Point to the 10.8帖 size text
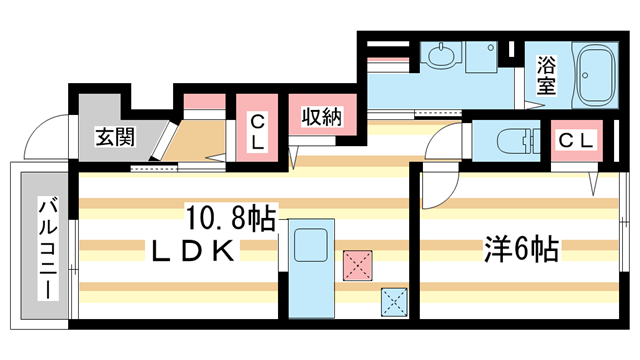(x=230, y=215)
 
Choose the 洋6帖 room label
(x=521, y=247)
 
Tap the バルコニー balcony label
(x=46, y=246)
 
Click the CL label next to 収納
(x=258, y=133)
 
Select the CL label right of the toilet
(x=575, y=140)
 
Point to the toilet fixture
(x=508, y=139)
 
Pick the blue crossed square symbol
(x=393, y=300)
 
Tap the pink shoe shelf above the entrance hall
(x=203, y=100)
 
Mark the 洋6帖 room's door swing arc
(x=437, y=160)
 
